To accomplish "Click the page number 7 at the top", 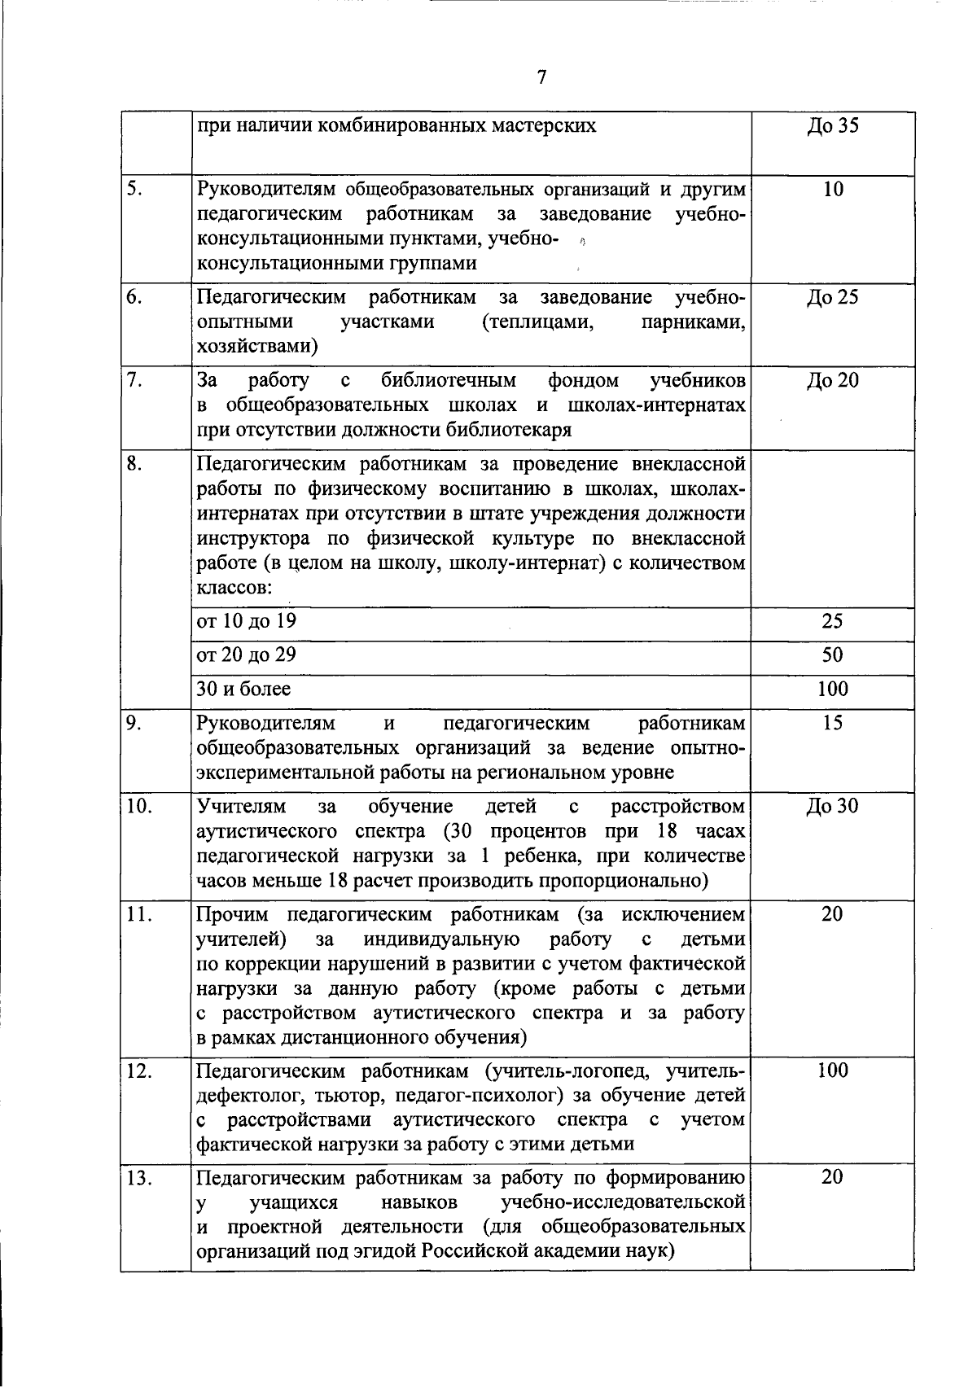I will pos(541,77).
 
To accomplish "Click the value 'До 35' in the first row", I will pos(832,126).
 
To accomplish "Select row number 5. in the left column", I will pos(136,189).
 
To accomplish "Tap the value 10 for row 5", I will pos(833,190).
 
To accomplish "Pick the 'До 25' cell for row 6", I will pos(832,297).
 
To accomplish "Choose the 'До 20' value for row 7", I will pos(832,380).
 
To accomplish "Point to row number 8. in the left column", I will pos(136,464).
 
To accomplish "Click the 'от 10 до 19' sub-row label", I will pos(247,621).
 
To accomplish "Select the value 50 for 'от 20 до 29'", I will pos(832,655).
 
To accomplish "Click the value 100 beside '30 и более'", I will pos(832,690).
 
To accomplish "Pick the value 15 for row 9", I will pos(832,723).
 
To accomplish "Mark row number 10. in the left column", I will pos(140,807).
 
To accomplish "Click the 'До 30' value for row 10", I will pos(832,807).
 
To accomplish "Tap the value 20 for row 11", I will pos(832,914).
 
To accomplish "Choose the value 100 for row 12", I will pos(832,1071).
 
